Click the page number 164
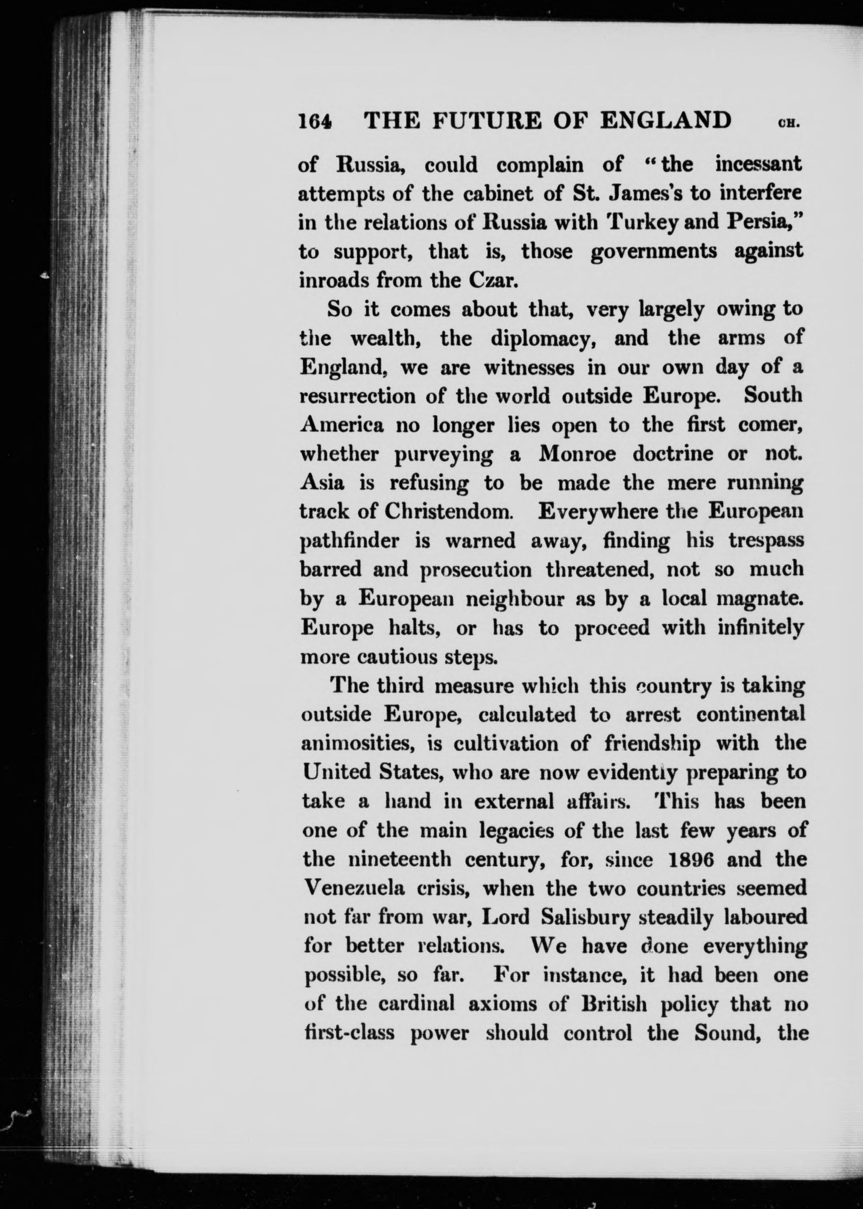[315, 121]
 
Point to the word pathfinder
[349, 541]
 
